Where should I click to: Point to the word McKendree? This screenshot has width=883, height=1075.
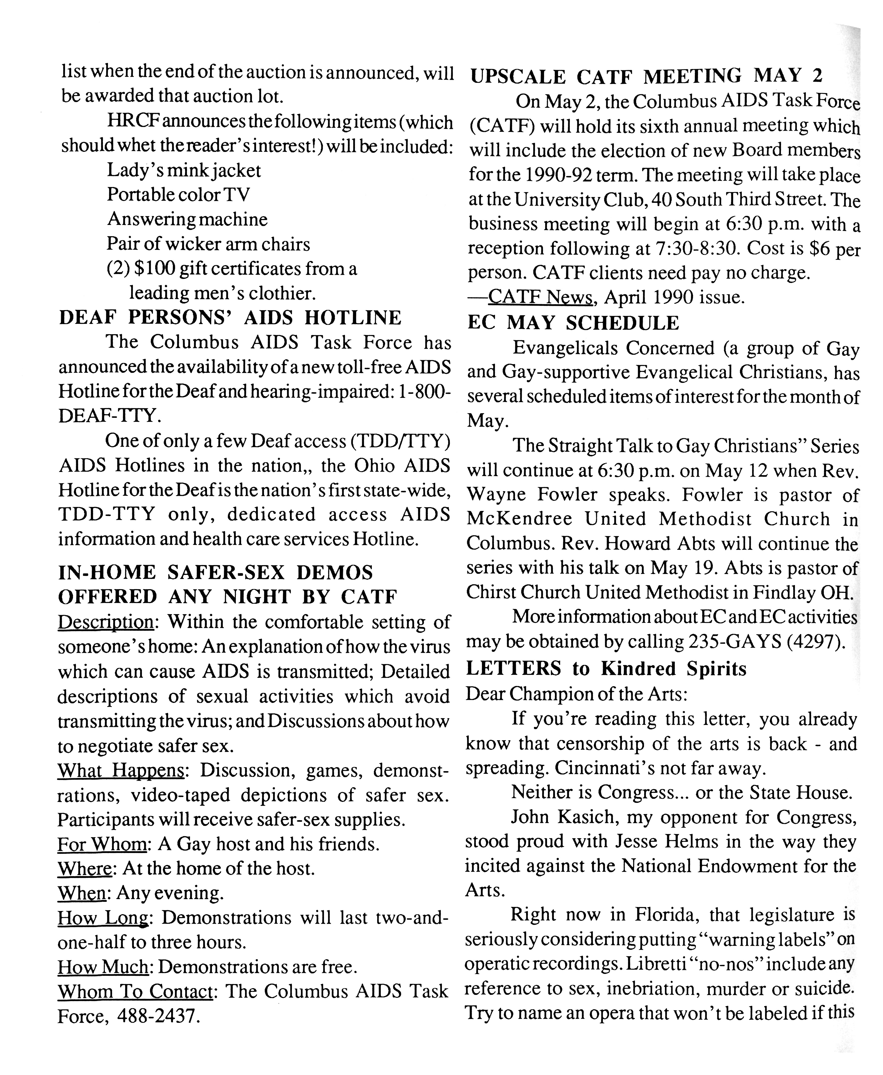[519, 519]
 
